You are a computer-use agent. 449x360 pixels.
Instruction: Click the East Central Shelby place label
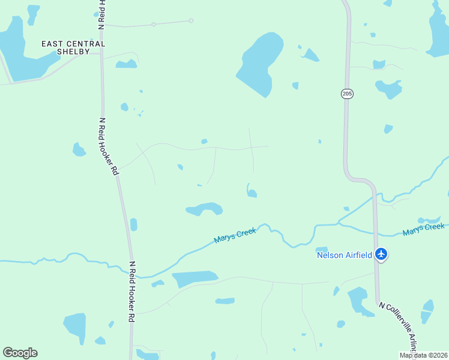[x=73, y=47]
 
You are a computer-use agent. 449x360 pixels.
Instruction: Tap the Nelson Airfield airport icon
[x=381, y=254]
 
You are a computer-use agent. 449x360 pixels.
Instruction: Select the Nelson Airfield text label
[x=345, y=255]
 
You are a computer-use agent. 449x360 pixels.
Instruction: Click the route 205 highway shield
[x=347, y=94]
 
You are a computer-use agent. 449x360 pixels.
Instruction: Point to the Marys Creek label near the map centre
[x=235, y=235]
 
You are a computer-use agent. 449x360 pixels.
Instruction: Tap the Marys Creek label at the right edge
[x=424, y=229]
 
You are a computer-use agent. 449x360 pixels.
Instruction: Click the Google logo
[x=20, y=353]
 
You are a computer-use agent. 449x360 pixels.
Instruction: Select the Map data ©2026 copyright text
[x=423, y=355]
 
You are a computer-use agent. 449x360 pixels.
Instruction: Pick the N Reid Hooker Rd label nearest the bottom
[x=131, y=292]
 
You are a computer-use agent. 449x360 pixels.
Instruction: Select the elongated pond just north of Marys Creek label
[x=205, y=209]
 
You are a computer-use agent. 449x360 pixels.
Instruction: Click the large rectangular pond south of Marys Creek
[x=194, y=278]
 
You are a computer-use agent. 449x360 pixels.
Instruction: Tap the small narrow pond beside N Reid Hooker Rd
[x=133, y=224]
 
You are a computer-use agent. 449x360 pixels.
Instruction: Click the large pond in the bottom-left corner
[x=76, y=326]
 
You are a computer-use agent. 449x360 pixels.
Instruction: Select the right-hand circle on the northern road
[x=191, y=21]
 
